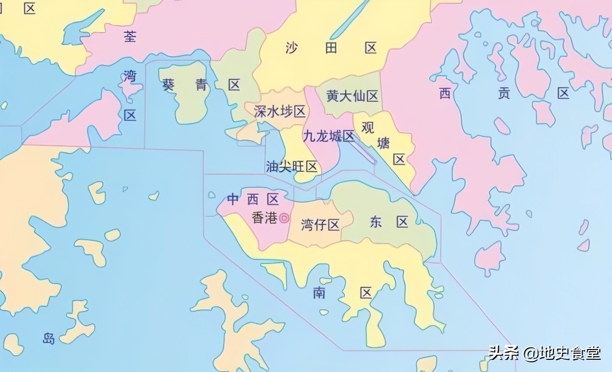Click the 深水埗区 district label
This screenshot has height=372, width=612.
click(x=279, y=112)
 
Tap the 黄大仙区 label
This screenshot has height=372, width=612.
click(x=352, y=96)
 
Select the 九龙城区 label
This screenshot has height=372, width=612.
click(x=328, y=136)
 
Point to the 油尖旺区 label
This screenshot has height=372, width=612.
click(x=292, y=167)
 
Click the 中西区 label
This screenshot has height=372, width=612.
click(x=253, y=199)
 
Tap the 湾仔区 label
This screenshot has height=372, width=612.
click(x=320, y=225)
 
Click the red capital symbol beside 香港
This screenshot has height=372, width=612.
click(x=284, y=218)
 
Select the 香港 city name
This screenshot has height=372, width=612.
click(x=265, y=218)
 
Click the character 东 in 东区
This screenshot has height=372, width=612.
click(x=376, y=222)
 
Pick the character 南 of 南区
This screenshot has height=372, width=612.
click(x=320, y=293)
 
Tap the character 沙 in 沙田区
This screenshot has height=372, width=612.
click(x=291, y=48)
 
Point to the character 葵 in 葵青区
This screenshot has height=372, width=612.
click(x=168, y=85)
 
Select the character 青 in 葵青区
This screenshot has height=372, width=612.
click(x=201, y=85)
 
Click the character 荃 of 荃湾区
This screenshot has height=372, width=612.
click(x=131, y=36)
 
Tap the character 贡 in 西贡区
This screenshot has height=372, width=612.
click(x=504, y=93)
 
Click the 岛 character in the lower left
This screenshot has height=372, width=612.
click(x=48, y=338)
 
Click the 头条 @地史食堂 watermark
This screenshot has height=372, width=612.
click(x=544, y=353)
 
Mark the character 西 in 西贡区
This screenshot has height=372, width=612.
click(x=445, y=93)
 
